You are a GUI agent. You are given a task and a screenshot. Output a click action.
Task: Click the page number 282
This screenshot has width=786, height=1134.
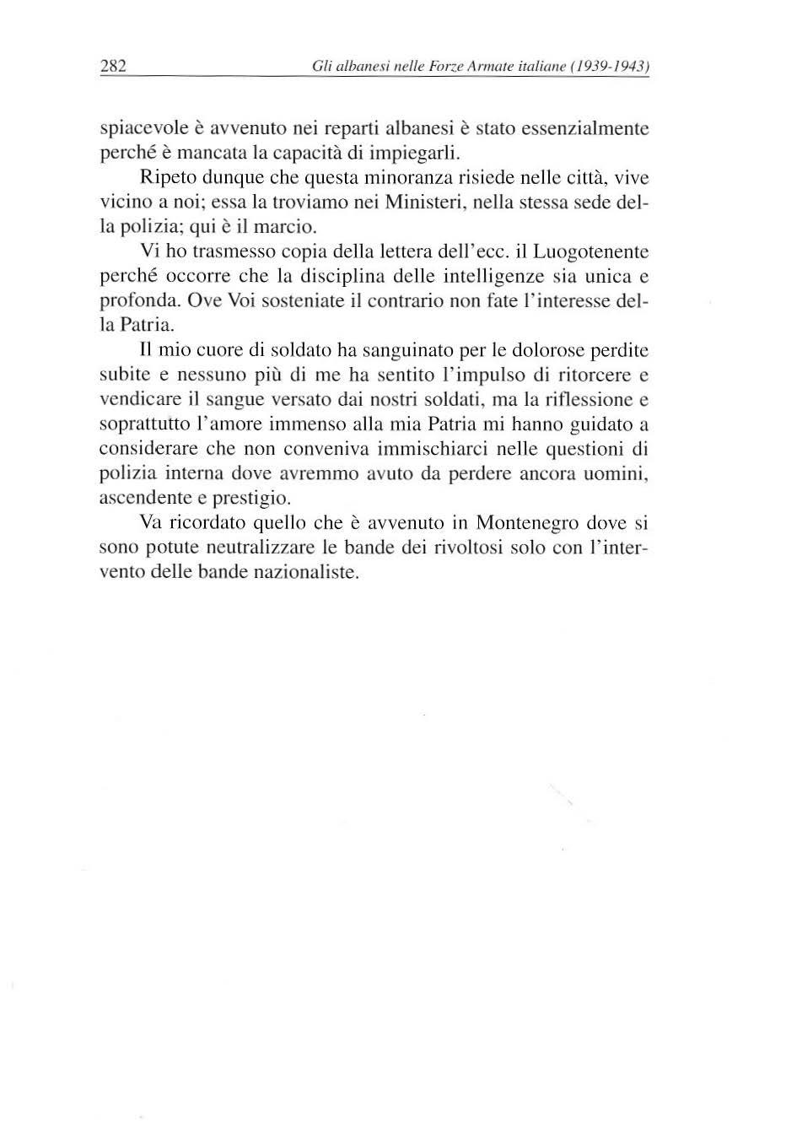tap(113, 66)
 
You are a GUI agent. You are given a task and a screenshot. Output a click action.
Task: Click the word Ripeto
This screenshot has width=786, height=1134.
tap(166, 179)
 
